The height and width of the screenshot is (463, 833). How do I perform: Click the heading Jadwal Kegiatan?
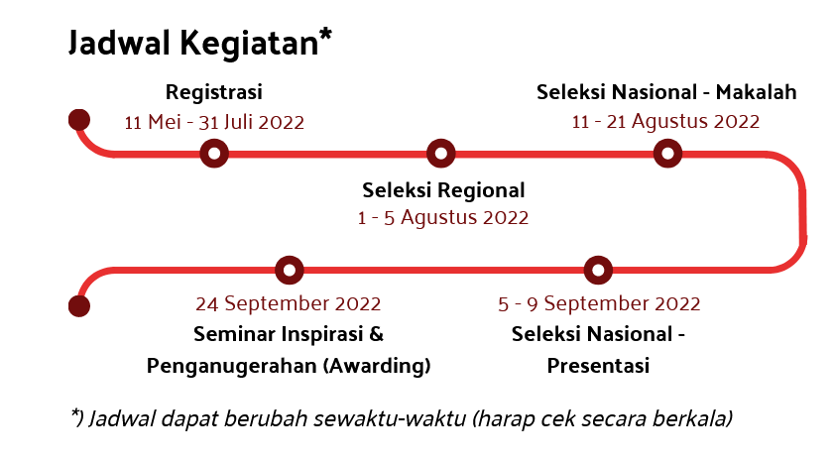194,43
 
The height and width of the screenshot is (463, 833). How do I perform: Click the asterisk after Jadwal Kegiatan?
325,36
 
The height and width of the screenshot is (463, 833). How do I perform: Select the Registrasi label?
214,93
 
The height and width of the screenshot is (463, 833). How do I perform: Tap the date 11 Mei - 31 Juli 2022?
214,122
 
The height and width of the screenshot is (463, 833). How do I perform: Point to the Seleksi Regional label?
443,191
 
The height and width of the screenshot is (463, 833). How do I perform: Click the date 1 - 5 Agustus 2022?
443,218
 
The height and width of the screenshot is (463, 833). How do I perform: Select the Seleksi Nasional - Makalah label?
666,92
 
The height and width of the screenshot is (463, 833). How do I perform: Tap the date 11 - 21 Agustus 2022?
665,122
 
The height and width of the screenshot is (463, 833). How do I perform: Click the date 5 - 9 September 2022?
599,304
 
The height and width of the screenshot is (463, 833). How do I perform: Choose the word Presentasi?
598,366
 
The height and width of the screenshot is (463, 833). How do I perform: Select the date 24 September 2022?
289,304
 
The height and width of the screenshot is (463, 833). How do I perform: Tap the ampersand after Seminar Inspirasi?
376,334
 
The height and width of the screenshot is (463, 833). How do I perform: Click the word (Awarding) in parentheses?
377,366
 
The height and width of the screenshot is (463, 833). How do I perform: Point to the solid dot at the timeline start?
79,119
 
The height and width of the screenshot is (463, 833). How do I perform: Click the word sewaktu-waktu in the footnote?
390,419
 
